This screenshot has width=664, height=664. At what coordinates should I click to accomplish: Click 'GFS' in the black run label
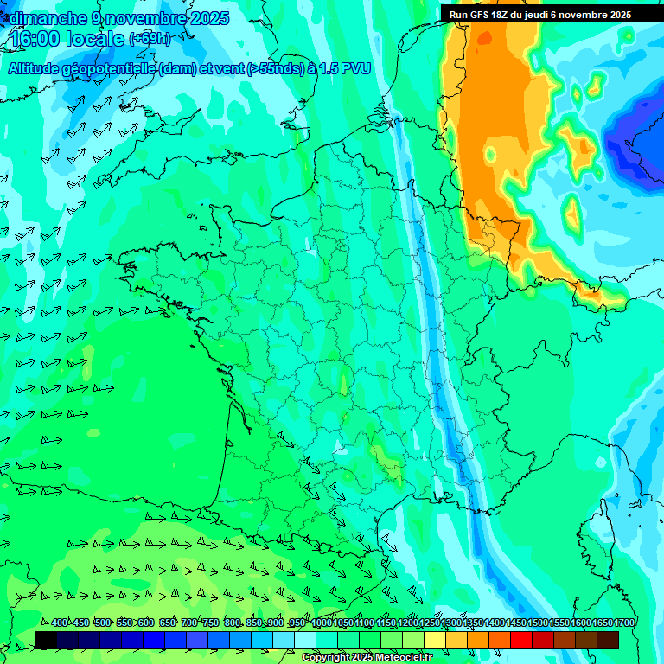pyautogui.click(x=479, y=15)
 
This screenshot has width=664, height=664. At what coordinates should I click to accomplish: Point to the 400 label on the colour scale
pyautogui.click(x=58, y=623)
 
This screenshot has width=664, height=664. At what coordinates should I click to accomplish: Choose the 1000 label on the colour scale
pyautogui.click(x=322, y=623)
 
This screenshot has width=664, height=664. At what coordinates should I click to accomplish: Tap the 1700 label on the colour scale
pyautogui.click(x=624, y=623)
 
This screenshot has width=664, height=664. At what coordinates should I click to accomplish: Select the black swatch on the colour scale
pyautogui.click(x=46, y=640)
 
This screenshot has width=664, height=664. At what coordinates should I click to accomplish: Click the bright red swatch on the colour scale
pyautogui.click(x=521, y=640)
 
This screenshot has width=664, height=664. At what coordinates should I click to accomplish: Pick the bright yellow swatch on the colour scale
pyautogui.click(x=435, y=640)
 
